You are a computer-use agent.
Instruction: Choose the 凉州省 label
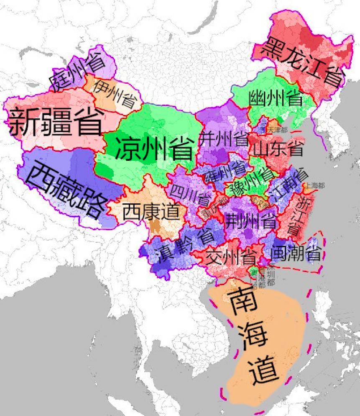point(154,148)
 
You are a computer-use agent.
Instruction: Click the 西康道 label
point(151,212)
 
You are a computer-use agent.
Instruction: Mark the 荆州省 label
point(250,221)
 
